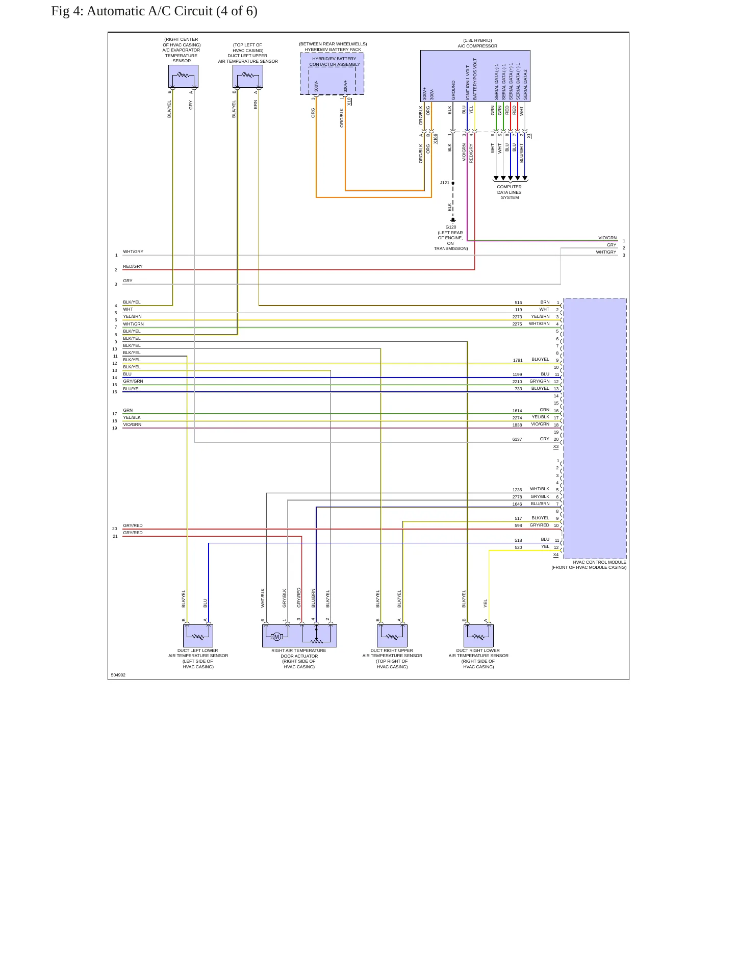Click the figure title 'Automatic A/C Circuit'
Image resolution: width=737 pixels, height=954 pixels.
(149, 11)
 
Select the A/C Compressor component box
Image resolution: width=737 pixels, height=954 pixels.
(475, 76)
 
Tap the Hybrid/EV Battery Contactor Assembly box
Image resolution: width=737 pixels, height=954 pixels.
(332, 74)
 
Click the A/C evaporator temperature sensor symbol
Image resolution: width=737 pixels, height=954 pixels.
(183, 77)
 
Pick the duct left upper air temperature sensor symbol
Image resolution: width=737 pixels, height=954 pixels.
(248, 77)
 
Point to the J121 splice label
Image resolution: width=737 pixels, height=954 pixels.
(445, 183)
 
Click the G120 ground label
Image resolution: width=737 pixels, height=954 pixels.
(451, 227)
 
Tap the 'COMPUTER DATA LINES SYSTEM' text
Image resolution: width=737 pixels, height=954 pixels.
(510, 192)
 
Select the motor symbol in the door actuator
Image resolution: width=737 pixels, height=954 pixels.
(276, 637)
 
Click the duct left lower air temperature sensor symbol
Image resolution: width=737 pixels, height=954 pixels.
(198, 636)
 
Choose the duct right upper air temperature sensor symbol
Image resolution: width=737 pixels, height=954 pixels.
(392, 636)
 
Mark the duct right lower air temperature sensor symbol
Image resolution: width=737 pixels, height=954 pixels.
(478, 636)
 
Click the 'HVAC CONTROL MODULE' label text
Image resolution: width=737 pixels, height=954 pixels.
(599, 562)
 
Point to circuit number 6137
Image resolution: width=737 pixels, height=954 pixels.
(517, 439)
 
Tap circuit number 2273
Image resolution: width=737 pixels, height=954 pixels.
(517, 317)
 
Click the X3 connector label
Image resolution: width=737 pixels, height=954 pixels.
(556, 447)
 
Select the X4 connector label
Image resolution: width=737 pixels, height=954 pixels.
(556, 555)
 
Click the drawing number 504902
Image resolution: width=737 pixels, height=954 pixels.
(118, 675)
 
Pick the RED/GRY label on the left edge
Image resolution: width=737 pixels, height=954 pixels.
(133, 266)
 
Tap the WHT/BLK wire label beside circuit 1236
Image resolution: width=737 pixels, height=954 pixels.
(540, 489)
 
